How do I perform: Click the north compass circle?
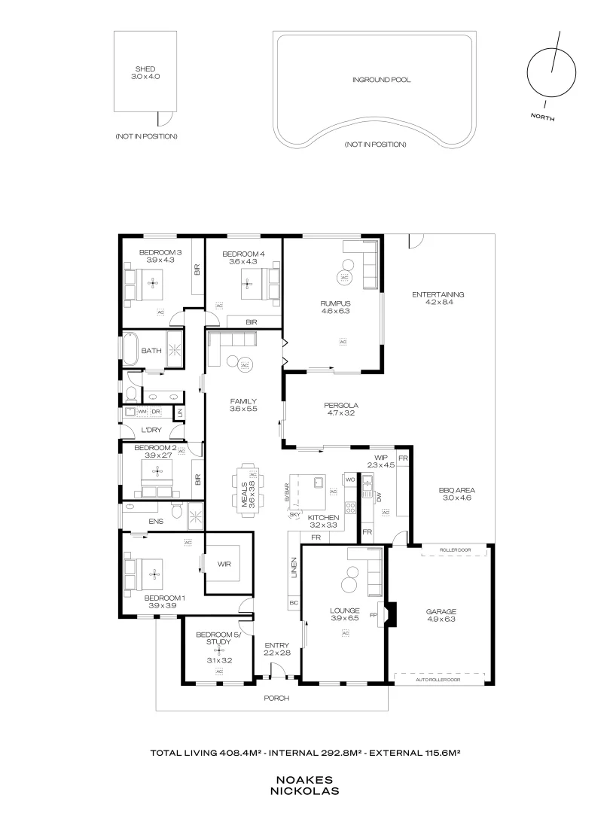click(549, 74)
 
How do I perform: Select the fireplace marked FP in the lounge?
click(389, 614)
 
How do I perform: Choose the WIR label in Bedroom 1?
click(224, 562)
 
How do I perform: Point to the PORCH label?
click(276, 698)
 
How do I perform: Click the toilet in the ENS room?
click(176, 511)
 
